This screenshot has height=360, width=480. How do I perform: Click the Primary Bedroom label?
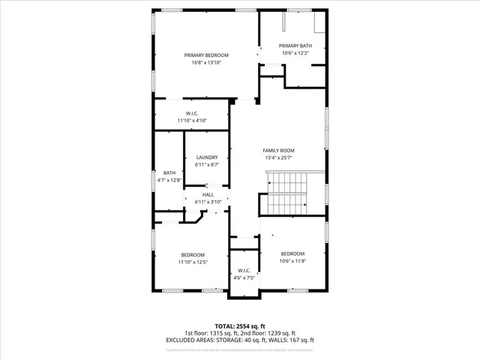[206, 55]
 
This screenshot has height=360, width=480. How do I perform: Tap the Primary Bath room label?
[295, 46]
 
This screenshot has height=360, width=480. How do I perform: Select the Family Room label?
[278, 150]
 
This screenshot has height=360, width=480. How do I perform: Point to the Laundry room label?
[207, 157]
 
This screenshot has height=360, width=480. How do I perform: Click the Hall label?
[208, 195]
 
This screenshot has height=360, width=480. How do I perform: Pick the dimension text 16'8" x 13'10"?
[206, 63]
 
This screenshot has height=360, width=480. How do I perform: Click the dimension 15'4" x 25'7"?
[278, 157]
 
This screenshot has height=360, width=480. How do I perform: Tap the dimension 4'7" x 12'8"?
[169, 180]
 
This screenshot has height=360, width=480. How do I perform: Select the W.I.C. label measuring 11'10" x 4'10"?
[191, 113]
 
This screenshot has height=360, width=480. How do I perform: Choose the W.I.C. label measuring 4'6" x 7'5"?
[244, 270]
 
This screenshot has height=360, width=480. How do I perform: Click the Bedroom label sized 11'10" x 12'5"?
[192, 254]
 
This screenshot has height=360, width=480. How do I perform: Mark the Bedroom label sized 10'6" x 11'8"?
[292, 253]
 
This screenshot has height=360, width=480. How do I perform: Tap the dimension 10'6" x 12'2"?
[295, 53]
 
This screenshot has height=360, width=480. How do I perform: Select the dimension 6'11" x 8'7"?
[207, 164]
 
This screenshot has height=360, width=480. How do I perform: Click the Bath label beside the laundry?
[169, 173]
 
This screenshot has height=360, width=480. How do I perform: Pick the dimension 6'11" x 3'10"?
[208, 202]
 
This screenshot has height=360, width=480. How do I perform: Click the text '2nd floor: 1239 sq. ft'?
[267, 333]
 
